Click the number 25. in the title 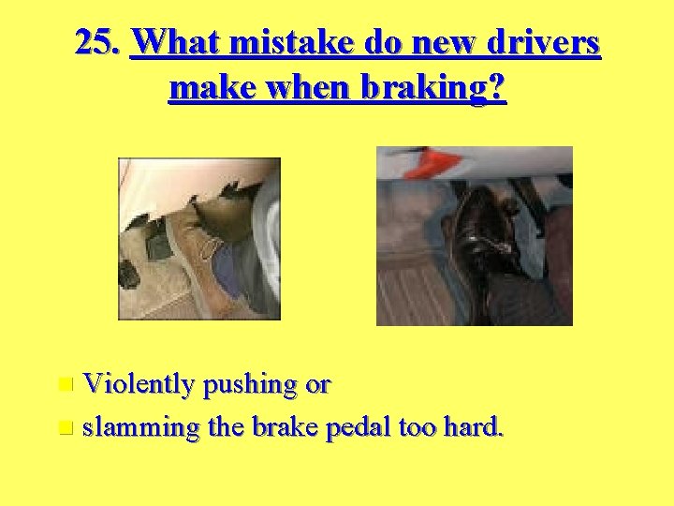pyautogui.click(x=98, y=43)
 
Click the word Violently pyautogui.click(x=139, y=384)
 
